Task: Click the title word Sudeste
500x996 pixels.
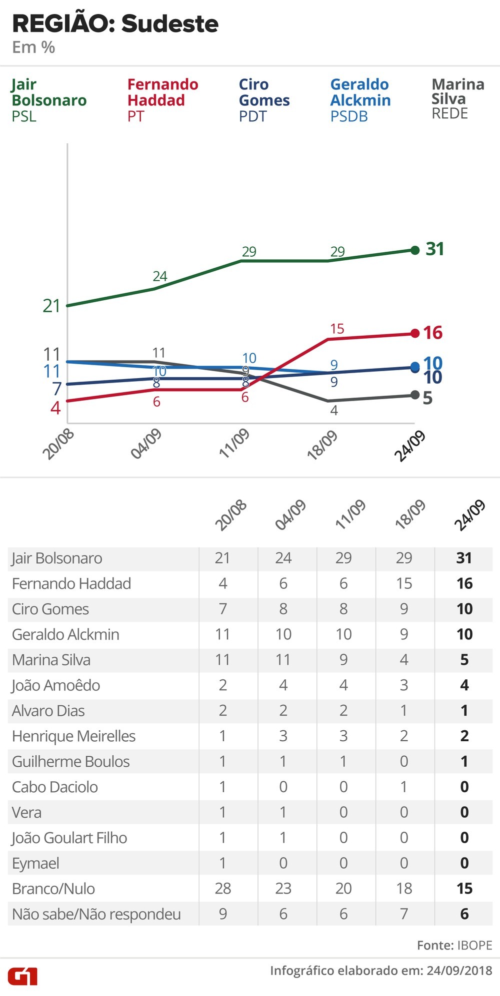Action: click(x=170, y=24)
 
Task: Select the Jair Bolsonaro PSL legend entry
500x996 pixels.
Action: click(x=48, y=100)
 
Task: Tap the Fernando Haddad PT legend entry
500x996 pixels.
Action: click(x=162, y=100)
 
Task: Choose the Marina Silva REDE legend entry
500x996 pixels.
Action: click(x=457, y=99)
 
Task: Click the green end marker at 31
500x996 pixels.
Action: click(x=414, y=250)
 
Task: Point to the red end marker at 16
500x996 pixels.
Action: click(x=414, y=333)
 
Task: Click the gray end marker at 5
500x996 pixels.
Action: click(x=414, y=395)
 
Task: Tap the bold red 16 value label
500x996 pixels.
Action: click(x=433, y=333)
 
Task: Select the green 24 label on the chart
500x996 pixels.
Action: click(x=160, y=276)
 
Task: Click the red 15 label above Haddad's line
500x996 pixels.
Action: click(x=337, y=329)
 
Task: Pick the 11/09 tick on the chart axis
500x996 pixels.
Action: click(x=234, y=444)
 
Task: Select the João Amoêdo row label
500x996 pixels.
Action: click(x=56, y=685)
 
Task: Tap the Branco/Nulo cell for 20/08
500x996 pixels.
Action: click(x=222, y=889)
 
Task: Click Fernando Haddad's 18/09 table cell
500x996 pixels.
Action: click(x=404, y=583)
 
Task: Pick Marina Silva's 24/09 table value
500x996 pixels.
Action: click(x=464, y=660)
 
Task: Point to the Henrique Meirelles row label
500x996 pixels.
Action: click(x=73, y=736)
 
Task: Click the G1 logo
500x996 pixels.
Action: click(x=22, y=976)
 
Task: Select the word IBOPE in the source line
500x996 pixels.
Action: click(x=474, y=945)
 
